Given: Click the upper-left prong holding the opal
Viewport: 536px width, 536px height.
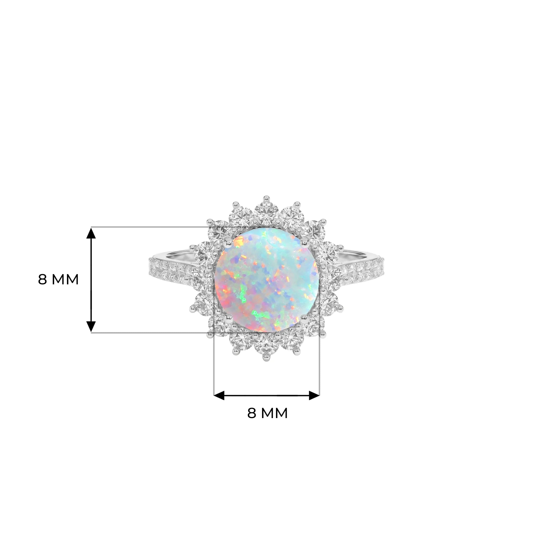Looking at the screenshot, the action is click(229, 243).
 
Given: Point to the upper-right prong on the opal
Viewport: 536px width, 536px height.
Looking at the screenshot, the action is click(304, 243).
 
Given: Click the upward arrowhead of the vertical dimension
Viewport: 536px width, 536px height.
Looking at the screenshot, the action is click(91, 233).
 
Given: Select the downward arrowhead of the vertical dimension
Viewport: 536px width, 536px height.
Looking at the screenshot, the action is click(91, 326).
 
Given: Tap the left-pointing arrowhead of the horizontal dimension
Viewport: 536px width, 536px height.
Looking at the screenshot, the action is click(219, 396).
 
